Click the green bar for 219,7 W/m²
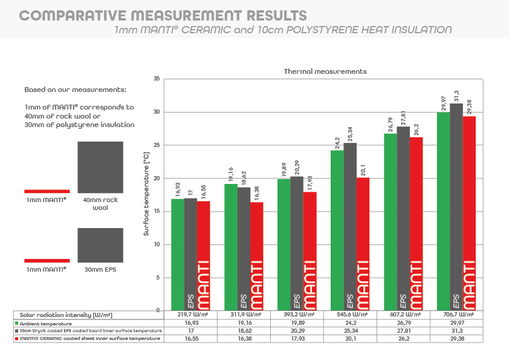(x=178, y=254)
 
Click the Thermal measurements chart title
(x=325, y=71)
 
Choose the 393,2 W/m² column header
(x=297, y=315)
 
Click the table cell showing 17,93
(x=297, y=339)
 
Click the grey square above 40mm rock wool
(x=100, y=165)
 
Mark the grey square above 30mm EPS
(x=100, y=245)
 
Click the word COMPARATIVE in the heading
(x=66, y=15)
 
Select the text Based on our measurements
(x=75, y=90)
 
